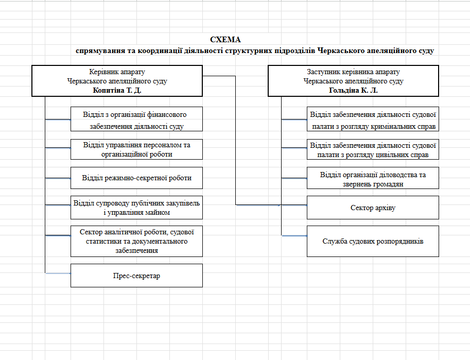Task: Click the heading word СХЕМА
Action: click(225, 40)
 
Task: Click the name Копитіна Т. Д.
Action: click(117, 90)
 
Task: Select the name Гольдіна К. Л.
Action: click(353, 90)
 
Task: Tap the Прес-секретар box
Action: click(137, 276)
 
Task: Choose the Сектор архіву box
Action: click(373, 208)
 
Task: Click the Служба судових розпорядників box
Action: click(373, 241)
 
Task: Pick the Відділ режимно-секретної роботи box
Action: click(137, 178)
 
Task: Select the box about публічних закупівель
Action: click(137, 208)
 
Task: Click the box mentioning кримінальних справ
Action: click(373, 119)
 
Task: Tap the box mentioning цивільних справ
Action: click(373, 149)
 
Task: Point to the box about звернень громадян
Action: click(373, 178)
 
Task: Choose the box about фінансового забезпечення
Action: click(137, 119)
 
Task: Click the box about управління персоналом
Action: click(137, 149)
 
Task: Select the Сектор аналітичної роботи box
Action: click(137, 241)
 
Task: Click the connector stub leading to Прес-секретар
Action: click(58, 273)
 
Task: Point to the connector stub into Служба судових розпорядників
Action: click(294, 236)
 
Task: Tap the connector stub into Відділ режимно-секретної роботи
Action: click(58, 179)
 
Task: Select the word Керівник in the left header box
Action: click(102, 72)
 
